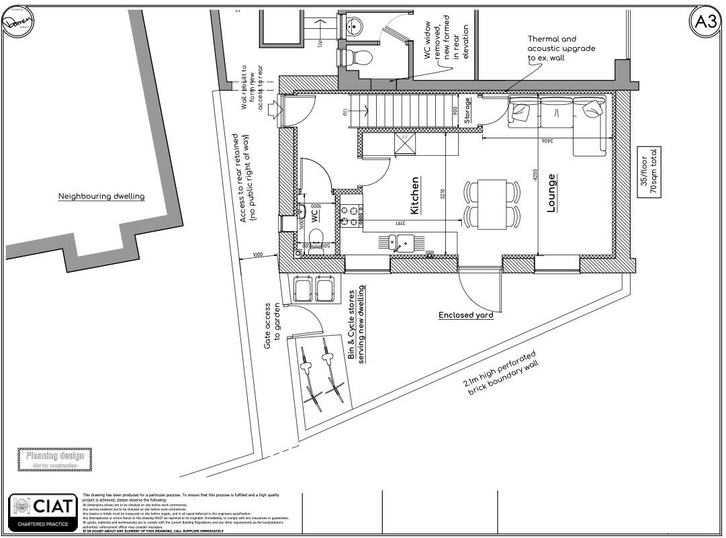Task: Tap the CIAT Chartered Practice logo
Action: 42,512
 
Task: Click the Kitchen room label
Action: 414,195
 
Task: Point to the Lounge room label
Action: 551,193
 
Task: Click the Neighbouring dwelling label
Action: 101,197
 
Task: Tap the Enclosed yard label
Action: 466,315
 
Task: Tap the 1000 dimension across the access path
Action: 257,255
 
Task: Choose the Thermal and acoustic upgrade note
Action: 561,49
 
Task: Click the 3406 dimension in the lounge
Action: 547,142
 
